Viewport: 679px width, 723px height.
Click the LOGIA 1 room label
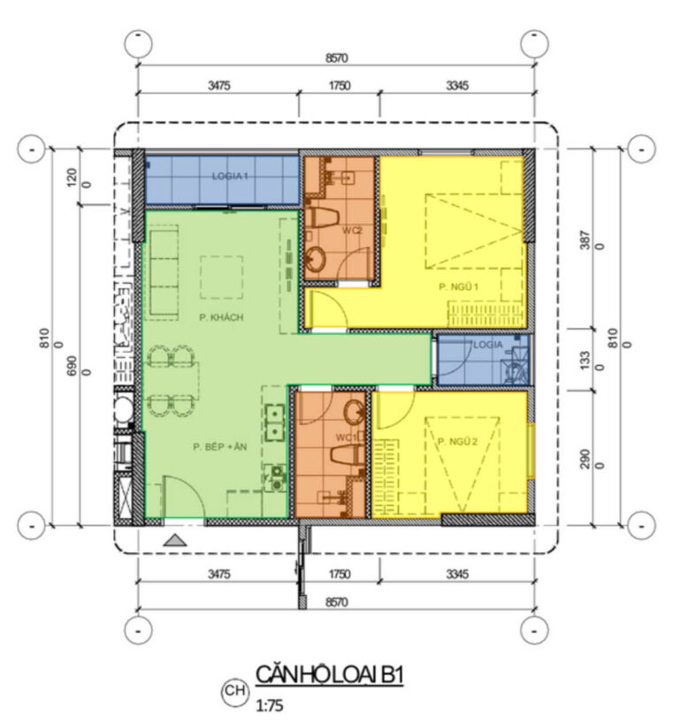point(230,176)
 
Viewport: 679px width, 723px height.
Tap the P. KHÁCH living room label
point(221,317)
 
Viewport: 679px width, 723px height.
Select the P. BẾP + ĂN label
point(220,446)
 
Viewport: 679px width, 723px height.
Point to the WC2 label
point(352,230)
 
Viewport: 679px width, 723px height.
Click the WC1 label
point(347,438)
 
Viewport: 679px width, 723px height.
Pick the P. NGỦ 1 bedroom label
point(459,286)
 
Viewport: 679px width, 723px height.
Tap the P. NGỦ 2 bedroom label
point(458,441)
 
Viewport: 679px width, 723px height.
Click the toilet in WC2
point(324,217)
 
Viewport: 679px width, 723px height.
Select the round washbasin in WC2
point(316,258)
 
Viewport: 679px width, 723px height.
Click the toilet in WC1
point(347,455)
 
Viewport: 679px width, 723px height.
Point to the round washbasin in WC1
point(355,412)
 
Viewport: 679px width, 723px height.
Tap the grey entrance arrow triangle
point(175,540)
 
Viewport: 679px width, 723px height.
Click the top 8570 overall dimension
point(337,58)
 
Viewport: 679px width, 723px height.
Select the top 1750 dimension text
point(339,86)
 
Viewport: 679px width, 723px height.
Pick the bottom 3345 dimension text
point(458,574)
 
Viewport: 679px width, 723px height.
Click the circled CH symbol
point(235,690)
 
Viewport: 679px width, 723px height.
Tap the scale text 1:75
point(270,705)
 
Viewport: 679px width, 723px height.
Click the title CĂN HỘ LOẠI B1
point(330,674)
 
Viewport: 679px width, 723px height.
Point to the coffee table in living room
point(221,278)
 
